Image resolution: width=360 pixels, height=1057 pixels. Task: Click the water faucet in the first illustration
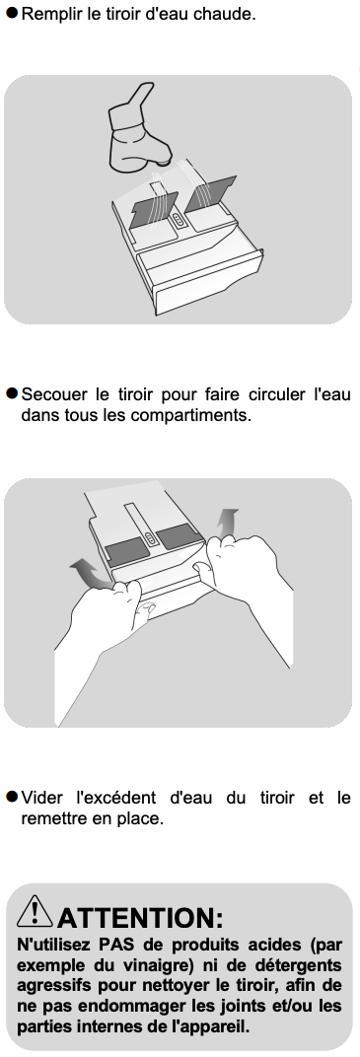(x=138, y=131)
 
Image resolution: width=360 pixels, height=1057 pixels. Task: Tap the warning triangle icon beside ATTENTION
(x=35, y=911)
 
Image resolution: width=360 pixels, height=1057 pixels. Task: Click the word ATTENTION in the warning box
(x=139, y=917)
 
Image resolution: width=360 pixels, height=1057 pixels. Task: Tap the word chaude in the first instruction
(x=231, y=14)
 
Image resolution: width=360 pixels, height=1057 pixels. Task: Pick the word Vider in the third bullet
(x=39, y=798)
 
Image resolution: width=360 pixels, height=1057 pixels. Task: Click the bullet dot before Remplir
(x=12, y=13)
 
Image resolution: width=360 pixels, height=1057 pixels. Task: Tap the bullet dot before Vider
(x=12, y=798)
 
